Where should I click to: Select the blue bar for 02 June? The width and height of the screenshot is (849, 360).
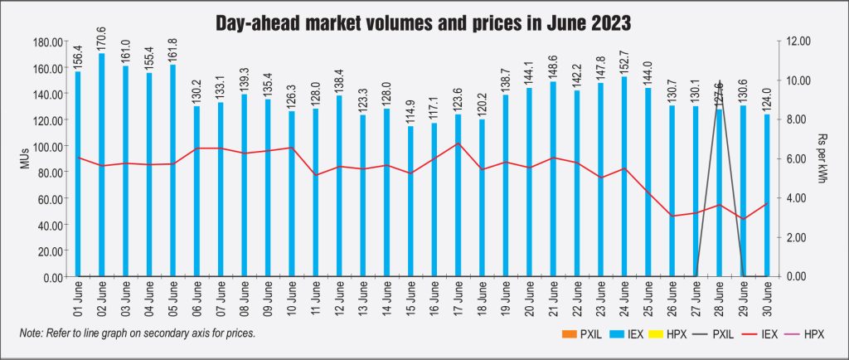(102, 166)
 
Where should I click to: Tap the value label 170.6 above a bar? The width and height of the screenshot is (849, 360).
(102, 39)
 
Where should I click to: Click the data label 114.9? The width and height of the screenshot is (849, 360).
(410, 111)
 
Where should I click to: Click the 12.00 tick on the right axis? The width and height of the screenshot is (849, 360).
(795, 41)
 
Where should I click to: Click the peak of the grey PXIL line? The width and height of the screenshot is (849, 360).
(720, 81)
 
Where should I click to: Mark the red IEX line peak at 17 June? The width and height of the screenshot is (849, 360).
(458, 144)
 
